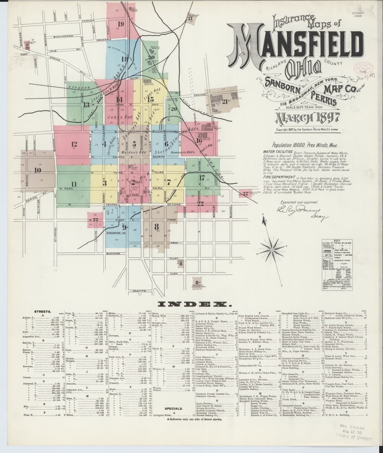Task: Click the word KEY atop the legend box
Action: pyautogui.click(x=337, y=240)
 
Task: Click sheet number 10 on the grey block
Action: pyautogui.click(x=37, y=170)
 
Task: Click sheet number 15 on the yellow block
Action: pyautogui.click(x=150, y=100)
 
